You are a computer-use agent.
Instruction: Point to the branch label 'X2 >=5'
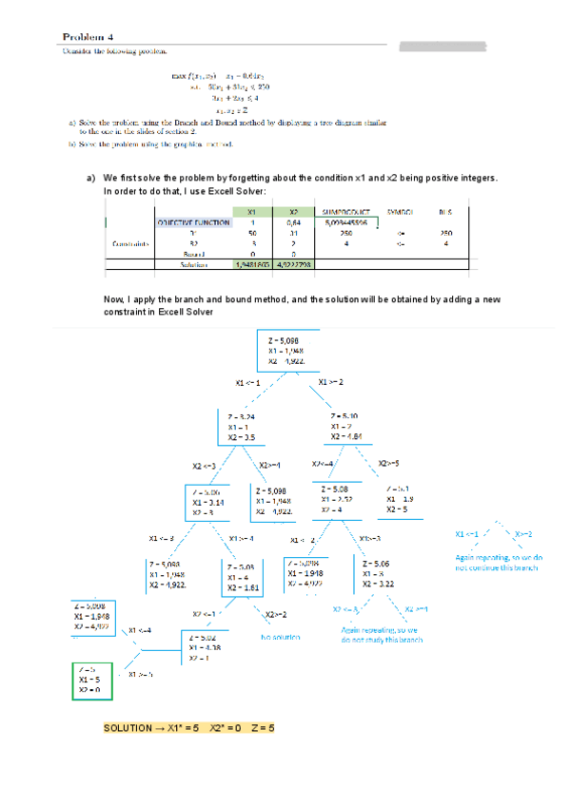[388, 464]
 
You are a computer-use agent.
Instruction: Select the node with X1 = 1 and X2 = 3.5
[245, 426]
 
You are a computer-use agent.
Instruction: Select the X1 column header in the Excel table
[250, 212]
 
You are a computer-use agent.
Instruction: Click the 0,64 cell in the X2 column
[293, 222]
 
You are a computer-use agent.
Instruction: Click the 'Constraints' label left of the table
[130, 243]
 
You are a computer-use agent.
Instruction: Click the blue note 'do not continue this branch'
[496, 567]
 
